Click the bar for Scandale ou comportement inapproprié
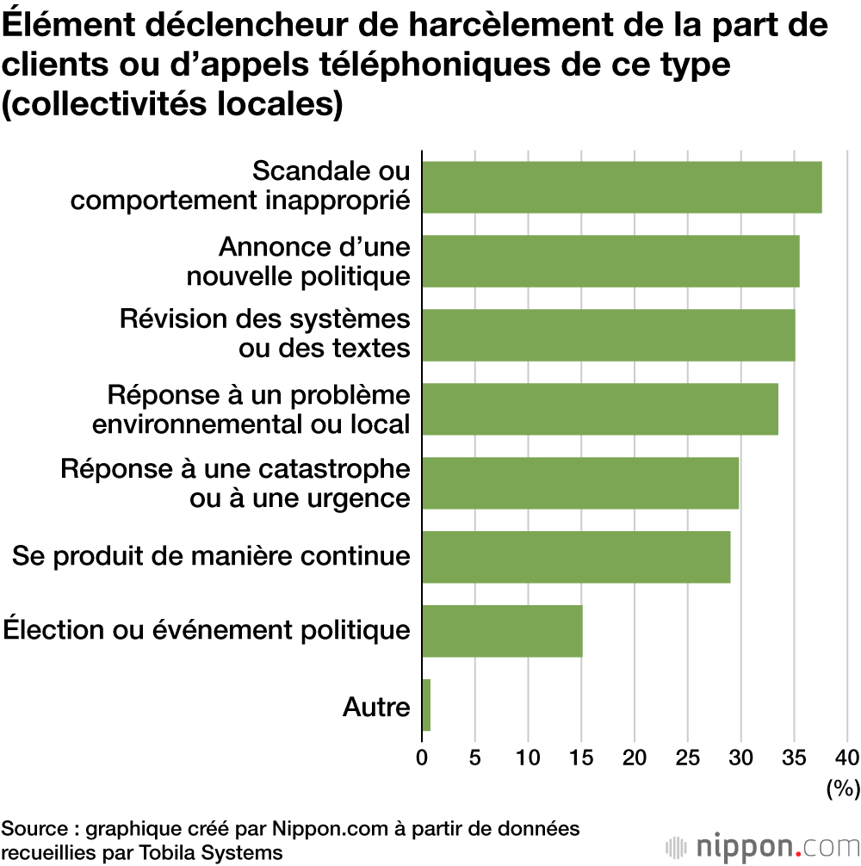(622, 187)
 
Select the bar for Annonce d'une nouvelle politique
(610, 261)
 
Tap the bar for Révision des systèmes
(608, 335)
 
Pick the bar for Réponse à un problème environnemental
(600, 409)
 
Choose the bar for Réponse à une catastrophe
(580, 483)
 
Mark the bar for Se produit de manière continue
(576, 557)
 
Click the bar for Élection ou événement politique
(502, 631)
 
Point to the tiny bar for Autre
(426, 705)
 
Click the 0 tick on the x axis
(422, 758)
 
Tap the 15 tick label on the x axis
(581, 758)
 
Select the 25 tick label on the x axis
(687, 758)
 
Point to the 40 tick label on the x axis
(847, 758)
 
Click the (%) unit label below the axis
(842, 787)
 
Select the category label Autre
(376, 707)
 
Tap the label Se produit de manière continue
(211, 556)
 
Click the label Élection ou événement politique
(207, 630)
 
